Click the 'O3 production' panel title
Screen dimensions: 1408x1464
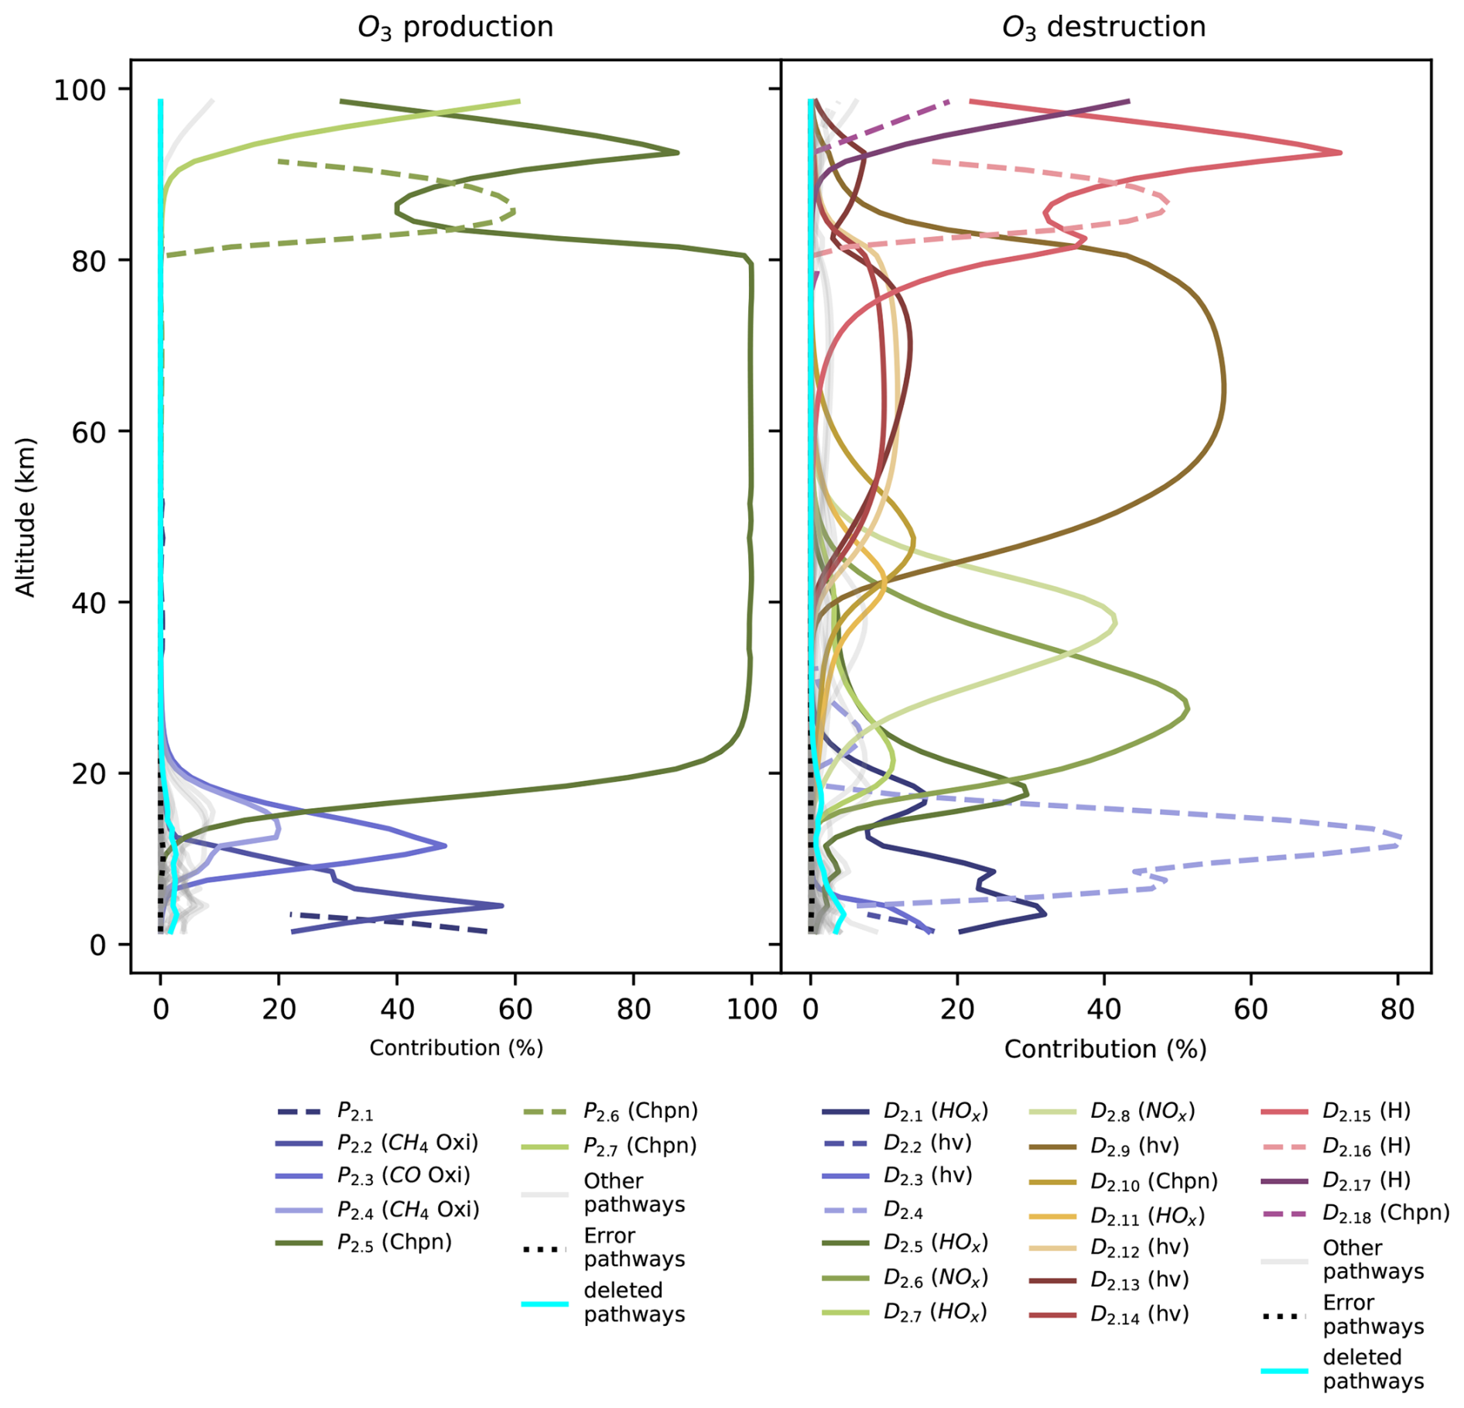455,27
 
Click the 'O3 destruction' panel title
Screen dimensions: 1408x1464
1103,27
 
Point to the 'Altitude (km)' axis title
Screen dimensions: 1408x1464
26,517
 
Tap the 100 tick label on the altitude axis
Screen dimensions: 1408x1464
79,90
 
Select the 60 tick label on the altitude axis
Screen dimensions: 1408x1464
88,432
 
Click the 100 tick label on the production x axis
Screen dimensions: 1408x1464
751,1009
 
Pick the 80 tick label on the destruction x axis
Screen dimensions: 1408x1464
1397,1009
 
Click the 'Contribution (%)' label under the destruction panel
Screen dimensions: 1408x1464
1105,1049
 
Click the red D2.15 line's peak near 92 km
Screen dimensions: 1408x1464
1340,152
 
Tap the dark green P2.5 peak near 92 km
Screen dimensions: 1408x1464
678,152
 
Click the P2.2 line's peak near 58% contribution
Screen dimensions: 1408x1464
502,905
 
